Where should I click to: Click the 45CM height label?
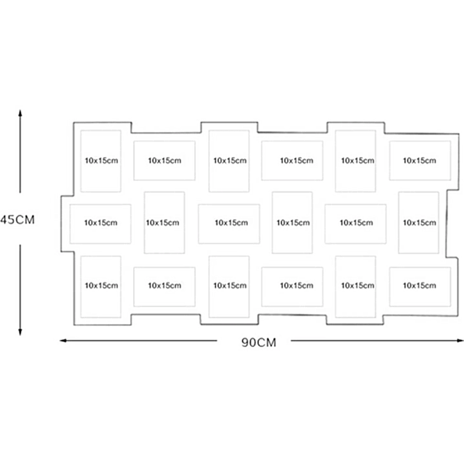click(x=18, y=220)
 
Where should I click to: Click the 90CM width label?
click(x=259, y=342)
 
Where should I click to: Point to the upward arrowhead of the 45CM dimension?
click(x=20, y=113)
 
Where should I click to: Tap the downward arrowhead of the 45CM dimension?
click(x=20, y=332)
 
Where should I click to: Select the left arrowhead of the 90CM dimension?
click(x=63, y=341)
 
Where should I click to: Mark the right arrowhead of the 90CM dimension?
click(x=460, y=341)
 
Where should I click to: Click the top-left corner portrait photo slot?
click(x=101, y=161)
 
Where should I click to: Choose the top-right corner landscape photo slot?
click(x=420, y=161)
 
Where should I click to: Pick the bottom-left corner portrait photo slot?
click(x=101, y=287)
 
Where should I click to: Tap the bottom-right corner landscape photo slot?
click(x=420, y=287)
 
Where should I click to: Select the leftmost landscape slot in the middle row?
click(x=101, y=224)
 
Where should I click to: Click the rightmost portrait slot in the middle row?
click(x=419, y=223)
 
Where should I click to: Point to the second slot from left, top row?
click(x=165, y=161)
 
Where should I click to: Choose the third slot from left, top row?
click(x=229, y=161)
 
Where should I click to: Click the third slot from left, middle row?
click(x=229, y=224)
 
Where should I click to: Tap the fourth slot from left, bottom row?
click(x=292, y=287)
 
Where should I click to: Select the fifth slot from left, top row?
click(x=355, y=161)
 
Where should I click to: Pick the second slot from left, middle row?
click(x=164, y=223)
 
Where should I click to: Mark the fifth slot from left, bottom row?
click(x=355, y=287)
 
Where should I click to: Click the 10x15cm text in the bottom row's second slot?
click(x=165, y=285)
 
